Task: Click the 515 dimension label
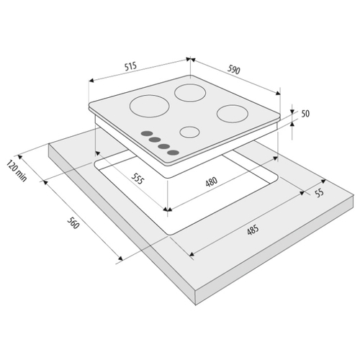(x=130, y=66)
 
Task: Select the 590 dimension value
(x=233, y=70)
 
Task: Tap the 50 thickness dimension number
(x=305, y=114)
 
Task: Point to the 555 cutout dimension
(x=138, y=179)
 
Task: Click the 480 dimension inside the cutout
(x=212, y=181)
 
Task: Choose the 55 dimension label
(x=320, y=193)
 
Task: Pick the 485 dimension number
(x=253, y=230)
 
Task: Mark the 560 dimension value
(x=73, y=222)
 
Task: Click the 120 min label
(x=17, y=171)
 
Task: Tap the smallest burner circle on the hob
(x=189, y=132)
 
